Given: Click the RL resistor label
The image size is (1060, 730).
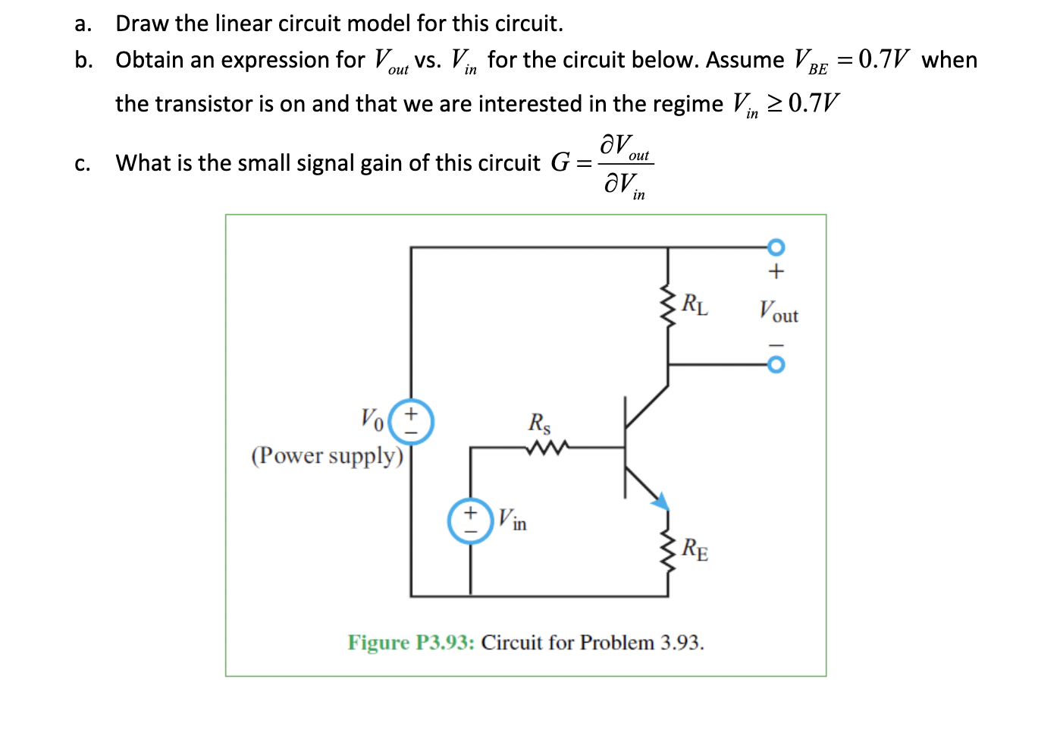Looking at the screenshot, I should (695, 304).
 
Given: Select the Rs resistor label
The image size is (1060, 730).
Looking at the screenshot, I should (540, 423).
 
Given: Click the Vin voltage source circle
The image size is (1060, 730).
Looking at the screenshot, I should (470, 521).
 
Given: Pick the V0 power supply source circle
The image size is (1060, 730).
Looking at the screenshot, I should (411, 422).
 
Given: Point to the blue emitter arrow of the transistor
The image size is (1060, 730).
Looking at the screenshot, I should (660, 500).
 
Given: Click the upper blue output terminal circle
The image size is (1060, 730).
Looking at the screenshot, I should (776, 247).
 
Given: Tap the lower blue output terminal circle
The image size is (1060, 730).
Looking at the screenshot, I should (776, 365).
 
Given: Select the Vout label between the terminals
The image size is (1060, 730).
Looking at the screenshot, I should (779, 312).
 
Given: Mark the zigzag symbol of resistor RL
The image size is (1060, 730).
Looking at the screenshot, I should (668, 306).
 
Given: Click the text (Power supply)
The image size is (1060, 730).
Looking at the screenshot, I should (328, 455).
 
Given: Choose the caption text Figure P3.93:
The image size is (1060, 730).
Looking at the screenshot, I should (411, 643).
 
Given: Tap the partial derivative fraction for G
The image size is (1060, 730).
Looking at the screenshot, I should (626, 165).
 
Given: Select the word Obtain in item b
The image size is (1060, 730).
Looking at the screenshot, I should (149, 60).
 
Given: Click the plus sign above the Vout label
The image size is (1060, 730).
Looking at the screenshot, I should (776, 271).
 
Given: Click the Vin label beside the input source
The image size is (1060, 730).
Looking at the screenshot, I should (512, 521).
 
